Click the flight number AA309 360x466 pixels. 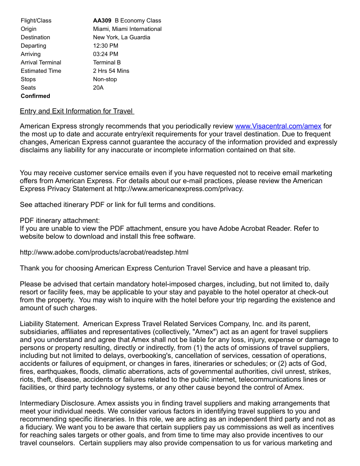[102, 20]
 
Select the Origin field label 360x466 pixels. [29, 29]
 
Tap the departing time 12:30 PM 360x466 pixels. [105, 45]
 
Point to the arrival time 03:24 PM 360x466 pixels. [105, 54]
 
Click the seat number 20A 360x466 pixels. [98, 87]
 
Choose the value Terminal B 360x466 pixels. [107, 62]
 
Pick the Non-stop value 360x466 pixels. [105, 79]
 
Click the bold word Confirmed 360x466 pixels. [35, 96]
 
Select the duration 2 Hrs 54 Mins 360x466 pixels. [111, 71]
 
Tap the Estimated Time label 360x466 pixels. [41, 71]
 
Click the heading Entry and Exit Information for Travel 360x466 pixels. [76, 111]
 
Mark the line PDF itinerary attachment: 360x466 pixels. [60, 221]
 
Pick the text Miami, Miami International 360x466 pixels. [127, 29]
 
